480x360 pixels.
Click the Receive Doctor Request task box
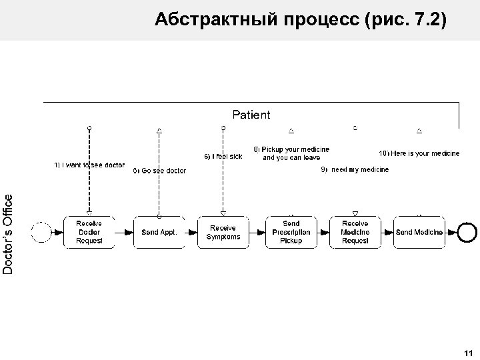pyautogui.click(x=89, y=232)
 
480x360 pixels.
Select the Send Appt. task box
pyautogui.click(x=159, y=232)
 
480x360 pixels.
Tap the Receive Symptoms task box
pyautogui.click(x=223, y=232)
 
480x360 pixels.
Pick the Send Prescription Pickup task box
pyautogui.click(x=291, y=232)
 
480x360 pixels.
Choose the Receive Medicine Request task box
pyautogui.click(x=355, y=232)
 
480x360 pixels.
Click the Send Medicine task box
pyautogui.click(x=419, y=232)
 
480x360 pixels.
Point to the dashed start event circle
pyautogui.click(x=41, y=232)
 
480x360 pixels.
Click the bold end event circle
pyautogui.click(x=468, y=232)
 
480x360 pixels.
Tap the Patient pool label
pyautogui.click(x=251, y=115)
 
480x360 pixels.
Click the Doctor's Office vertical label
pyautogui.click(x=8, y=233)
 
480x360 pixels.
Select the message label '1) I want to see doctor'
pyautogui.click(x=89, y=165)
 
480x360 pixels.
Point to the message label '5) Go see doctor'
pyautogui.click(x=159, y=171)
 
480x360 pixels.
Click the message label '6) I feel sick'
pyautogui.click(x=223, y=156)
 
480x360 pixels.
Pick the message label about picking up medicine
pyautogui.click(x=291, y=153)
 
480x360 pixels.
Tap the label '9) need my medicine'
pyautogui.click(x=355, y=170)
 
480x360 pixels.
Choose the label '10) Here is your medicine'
pyautogui.click(x=419, y=153)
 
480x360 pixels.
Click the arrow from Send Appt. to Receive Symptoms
pyautogui.click(x=191, y=232)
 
